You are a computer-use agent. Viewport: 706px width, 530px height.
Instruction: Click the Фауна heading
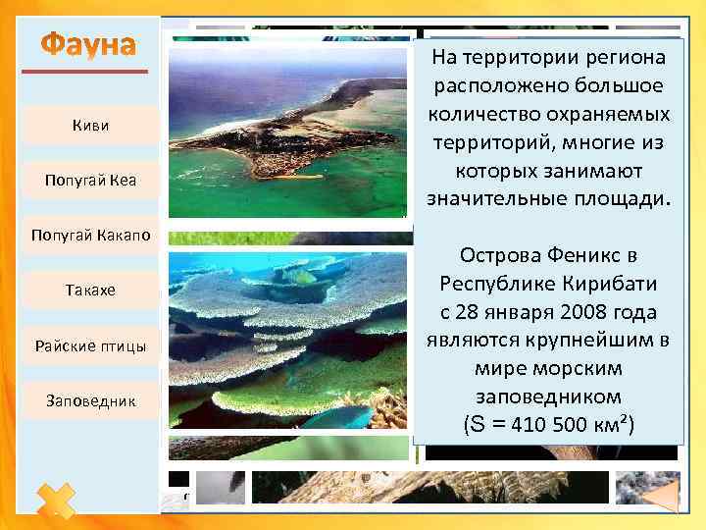pyautogui.click(x=89, y=46)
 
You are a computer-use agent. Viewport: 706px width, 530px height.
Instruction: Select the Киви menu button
pyautogui.click(x=91, y=126)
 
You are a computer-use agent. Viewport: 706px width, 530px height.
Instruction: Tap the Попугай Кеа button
pyautogui.click(x=91, y=181)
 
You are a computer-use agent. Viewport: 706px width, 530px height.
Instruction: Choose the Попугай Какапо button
pyautogui.click(x=91, y=236)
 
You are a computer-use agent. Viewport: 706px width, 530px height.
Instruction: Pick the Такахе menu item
pyautogui.click(x=91, y=291)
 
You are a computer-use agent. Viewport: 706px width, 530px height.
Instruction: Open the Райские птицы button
pyautogui.click(x=91, y=345)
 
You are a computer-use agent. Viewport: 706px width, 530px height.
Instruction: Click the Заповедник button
pyautogui.click(x=91, y=400)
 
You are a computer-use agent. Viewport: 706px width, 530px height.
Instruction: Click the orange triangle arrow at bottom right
pyautogui.click(x=663, y=497)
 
